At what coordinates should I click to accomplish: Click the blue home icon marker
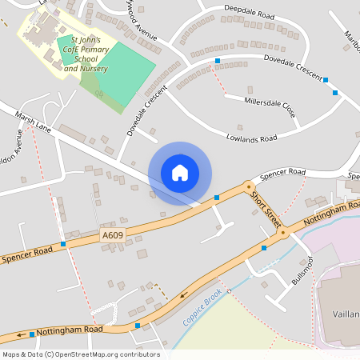coord(180,172)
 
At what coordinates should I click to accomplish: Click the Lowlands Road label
coord(251,138)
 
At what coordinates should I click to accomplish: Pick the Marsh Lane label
coord(32,122)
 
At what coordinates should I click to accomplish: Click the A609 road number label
coord(112,234)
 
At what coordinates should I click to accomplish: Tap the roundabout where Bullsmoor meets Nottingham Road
coord(282,234)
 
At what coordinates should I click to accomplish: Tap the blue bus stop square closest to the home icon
coord(217,198)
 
